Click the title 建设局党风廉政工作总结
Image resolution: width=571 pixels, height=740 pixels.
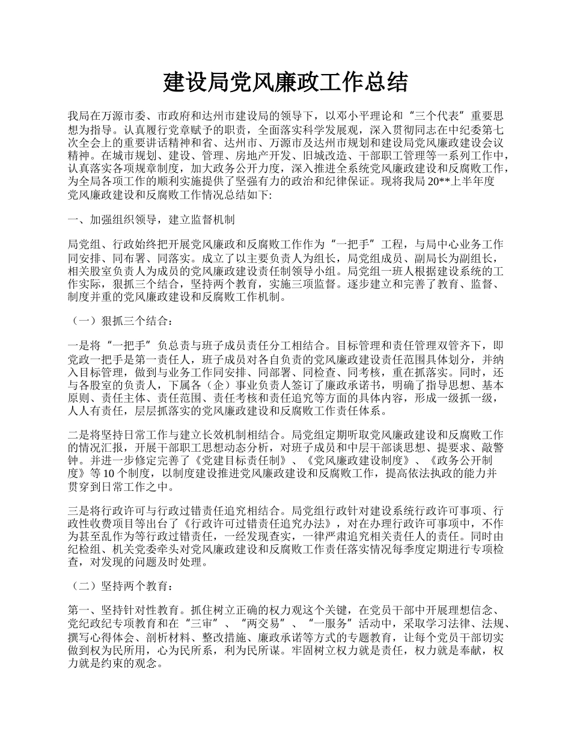[x=285, y=82]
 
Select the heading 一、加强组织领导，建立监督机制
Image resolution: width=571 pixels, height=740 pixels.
[x=151, y=220]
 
